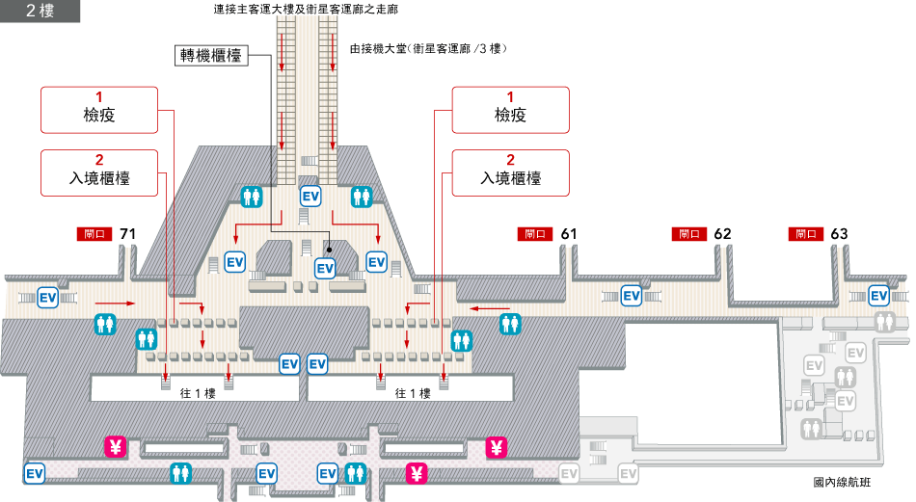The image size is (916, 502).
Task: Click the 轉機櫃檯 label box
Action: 211,55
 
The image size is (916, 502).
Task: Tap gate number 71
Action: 127,234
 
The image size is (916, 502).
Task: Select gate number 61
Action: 568,234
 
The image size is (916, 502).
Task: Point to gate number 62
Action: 722,234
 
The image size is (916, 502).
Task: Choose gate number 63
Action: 839,234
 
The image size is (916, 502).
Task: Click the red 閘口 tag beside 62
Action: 688,234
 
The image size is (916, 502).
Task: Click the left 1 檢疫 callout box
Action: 98,109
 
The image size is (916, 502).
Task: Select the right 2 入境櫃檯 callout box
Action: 510,171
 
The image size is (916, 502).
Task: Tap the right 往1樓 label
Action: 412,392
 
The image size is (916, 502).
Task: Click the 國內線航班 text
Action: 841,481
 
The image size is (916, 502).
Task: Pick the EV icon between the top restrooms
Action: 310,196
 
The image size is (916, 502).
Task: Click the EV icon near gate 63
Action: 878,295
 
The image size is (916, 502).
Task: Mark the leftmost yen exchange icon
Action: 116,446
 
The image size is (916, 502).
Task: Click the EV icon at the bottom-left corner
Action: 35,473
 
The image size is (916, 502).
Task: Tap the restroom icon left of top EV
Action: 253,196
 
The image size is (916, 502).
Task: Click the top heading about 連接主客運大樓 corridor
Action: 306,9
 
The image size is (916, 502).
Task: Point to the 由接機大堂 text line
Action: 428,48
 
